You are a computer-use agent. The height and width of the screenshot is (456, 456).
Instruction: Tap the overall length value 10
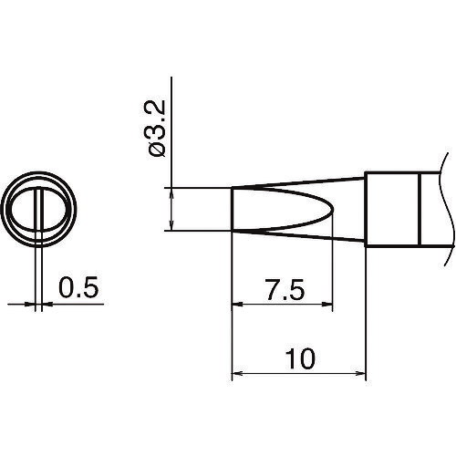[x=298, y=358]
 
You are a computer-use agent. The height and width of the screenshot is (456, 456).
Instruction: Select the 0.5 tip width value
[x=76, y=290]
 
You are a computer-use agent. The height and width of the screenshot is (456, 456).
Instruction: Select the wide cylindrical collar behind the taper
[x=391, y=209]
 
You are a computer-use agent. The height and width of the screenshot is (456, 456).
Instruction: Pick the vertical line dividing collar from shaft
[x=419, y=209]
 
